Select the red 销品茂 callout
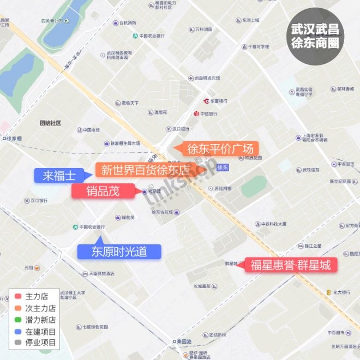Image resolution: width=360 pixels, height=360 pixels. click(x=103, y=191)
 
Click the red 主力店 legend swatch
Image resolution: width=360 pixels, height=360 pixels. click(x=18, y=297)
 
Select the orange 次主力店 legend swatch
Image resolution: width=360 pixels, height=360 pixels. click(x=18, y=308)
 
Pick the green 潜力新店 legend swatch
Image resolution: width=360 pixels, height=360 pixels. click(x=18, y=320)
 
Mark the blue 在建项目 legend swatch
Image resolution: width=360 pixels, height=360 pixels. click(x=18, y=331)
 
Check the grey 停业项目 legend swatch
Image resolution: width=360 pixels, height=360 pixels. click(x=18, y=343)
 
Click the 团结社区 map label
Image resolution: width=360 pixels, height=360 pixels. click(x=50, y=123)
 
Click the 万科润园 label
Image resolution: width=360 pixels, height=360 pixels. click(x=203, y=29)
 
